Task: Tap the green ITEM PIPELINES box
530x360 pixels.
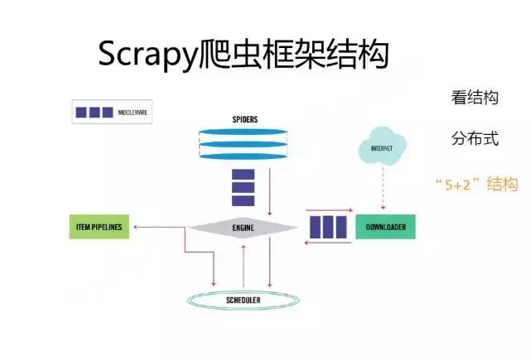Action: coord(99,226)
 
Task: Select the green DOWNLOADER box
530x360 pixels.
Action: coord(385,226)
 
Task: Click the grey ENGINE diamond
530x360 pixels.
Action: coord(243,226)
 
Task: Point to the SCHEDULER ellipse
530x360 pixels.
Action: coord(243,299)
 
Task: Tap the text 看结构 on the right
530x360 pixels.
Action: coord(475,98)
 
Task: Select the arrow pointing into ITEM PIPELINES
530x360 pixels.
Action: coord(157,226)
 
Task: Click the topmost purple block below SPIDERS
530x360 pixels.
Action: coord(243,175)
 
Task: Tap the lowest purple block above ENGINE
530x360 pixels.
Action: coord(243,201)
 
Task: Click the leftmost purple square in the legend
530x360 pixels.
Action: coord(81,111)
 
